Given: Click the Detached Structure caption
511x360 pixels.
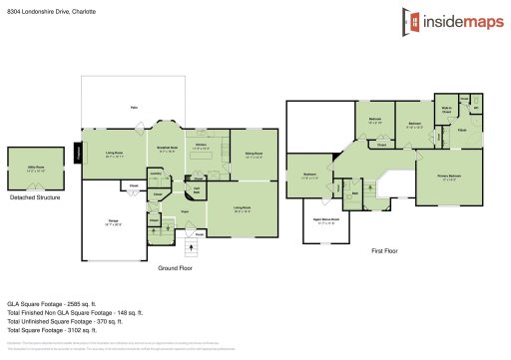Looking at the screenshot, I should coord(35,197).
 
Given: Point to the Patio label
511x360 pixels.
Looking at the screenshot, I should coord(133,107).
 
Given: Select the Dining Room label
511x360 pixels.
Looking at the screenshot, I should coord(254,153).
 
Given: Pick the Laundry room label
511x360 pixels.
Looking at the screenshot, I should coord(155,173).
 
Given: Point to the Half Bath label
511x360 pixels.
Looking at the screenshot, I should coord(197,188).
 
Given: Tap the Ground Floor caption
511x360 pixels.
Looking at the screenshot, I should coord(176,268).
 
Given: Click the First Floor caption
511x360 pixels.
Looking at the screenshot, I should coord(384,251).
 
